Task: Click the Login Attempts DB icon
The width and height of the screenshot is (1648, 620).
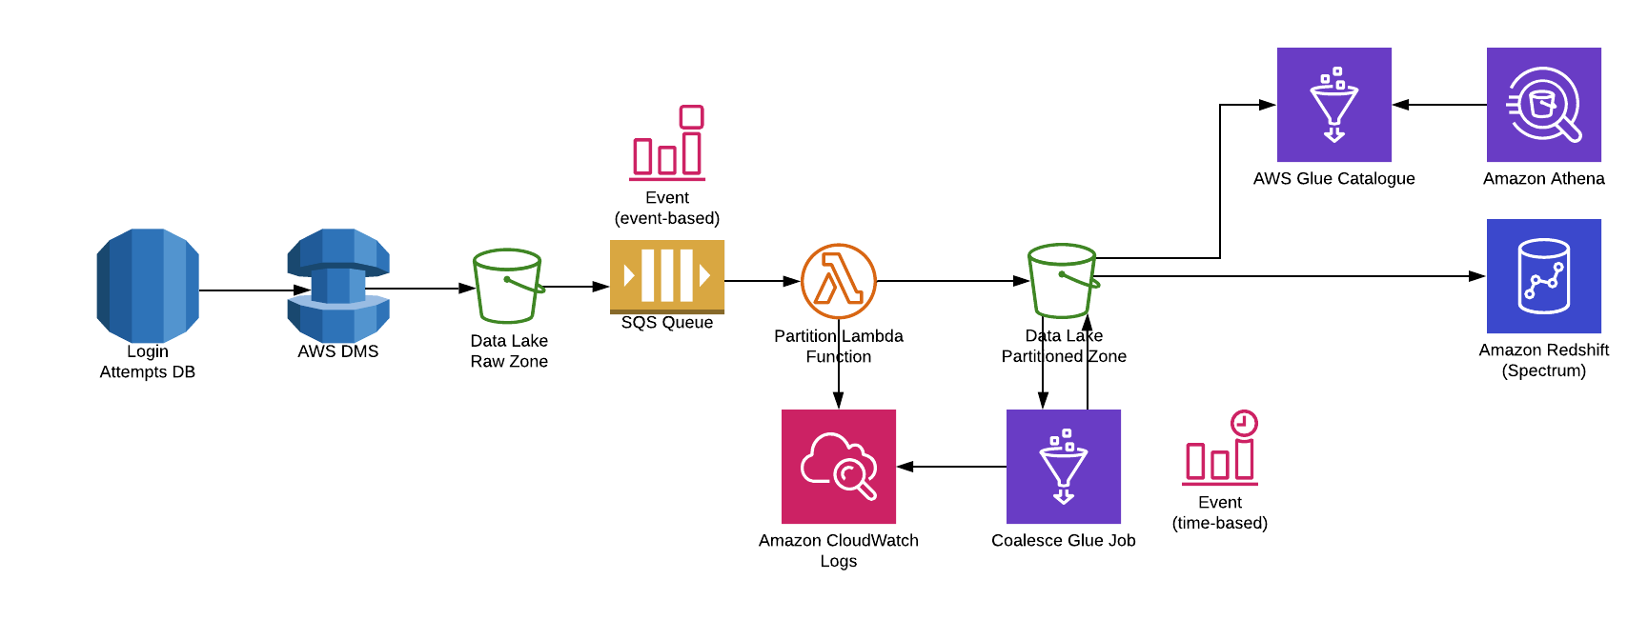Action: pyautogui.click(x=148, y=285)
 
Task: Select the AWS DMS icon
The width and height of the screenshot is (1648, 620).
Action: pyautogui.click(x=338, y=285)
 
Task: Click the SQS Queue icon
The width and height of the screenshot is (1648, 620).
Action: pyautogui.click(x=667, y=276)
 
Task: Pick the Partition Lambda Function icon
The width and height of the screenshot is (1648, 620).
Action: pyautogui.click(x=839, y=281)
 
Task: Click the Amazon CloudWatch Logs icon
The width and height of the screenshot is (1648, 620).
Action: pyautogui.click(x=839, y=467)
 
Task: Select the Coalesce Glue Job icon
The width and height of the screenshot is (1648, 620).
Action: pyautogui.click(x=1064, y=467)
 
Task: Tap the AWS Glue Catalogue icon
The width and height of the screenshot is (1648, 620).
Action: pyautogui.click(x=1334, y=105)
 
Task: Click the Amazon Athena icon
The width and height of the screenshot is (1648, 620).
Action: pyautogui.click(x=1544, y=105)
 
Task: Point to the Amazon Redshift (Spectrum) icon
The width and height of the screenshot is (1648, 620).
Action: pyautogui.click(x=1544, y=276)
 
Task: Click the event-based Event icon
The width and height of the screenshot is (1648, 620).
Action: pyautogui.click(x=667, y=143)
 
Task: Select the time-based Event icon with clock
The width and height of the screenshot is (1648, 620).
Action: pyautogui.click(x=1221, y=448)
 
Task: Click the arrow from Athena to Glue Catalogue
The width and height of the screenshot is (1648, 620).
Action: pyautogui.click(x=1439, y=105)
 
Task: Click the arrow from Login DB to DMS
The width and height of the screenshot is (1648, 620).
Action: pyautogui.click(x=253, y=290)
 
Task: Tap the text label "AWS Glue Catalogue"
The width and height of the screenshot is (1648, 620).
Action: pyautogui.click(x=1334, y=179)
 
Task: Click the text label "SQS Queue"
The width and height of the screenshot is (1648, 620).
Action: pyautogui.click(x=667, y=323)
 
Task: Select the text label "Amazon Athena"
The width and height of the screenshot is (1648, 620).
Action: pyautogui.click(x=1544, y=179)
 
